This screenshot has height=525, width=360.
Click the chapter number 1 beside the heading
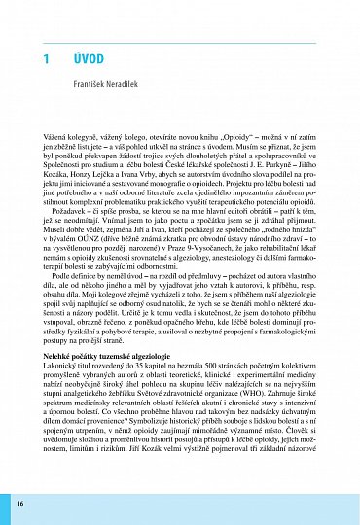click(x=46, y=59)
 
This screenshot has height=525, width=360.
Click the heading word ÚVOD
click(x=90, y=59)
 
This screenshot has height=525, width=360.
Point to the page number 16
click(x=19, y=504)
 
